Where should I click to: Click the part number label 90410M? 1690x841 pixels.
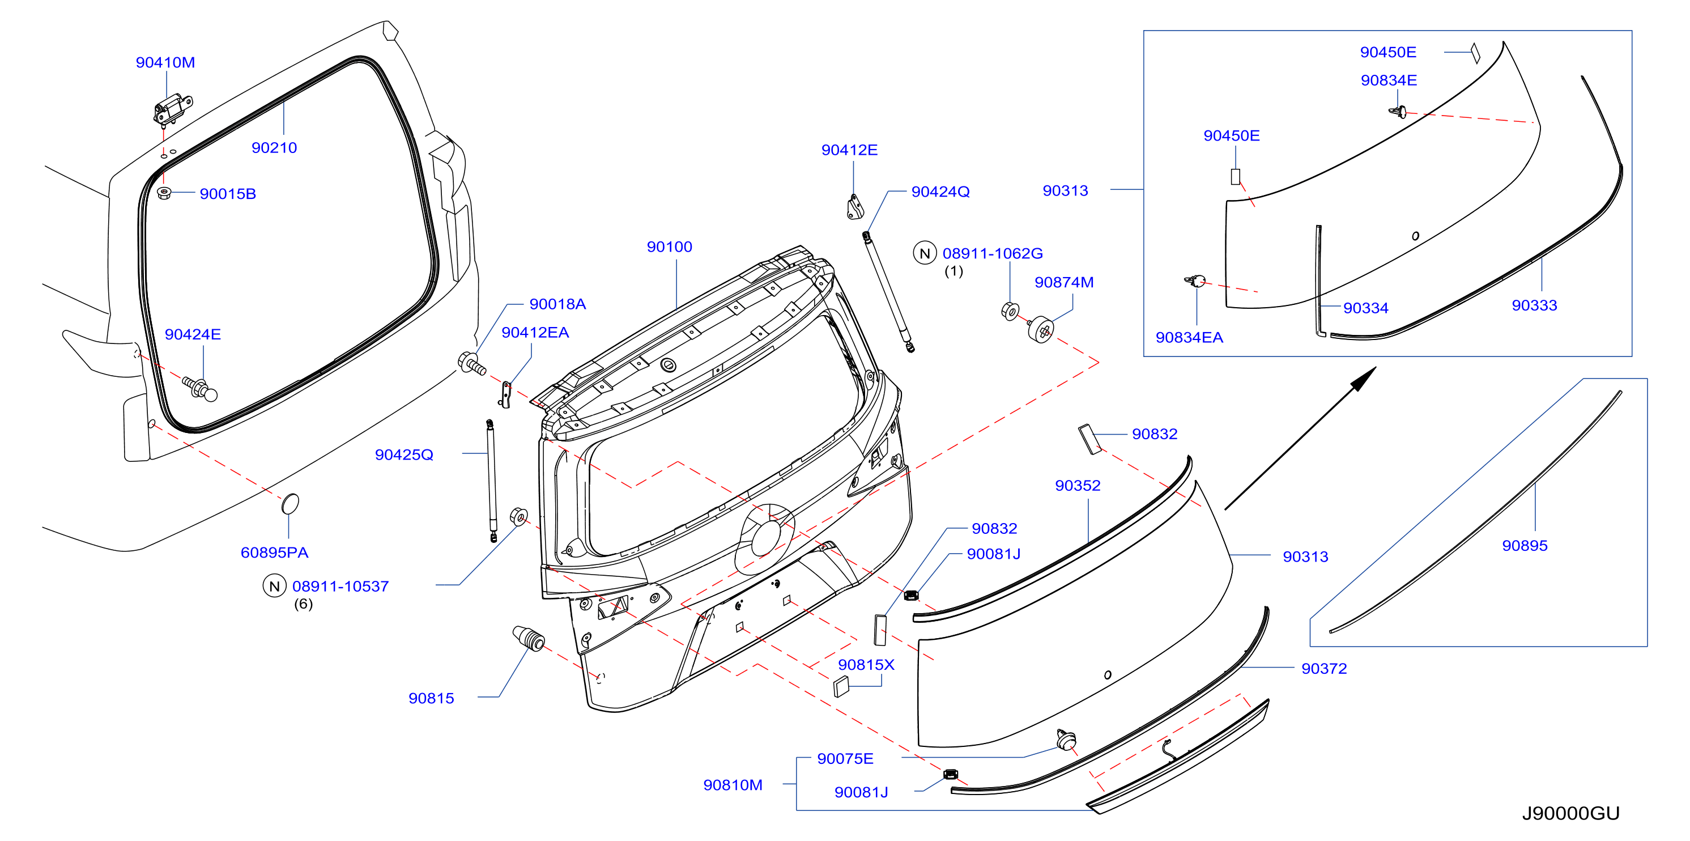click(165, 62)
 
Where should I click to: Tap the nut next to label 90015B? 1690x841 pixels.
click(164, 193)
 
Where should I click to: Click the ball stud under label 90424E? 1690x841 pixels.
click(200, 388)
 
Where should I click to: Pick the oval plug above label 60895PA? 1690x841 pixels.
click(290, 504)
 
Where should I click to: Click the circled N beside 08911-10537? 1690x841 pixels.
click(274, 586)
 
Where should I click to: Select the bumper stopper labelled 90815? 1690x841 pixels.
click(528, 638)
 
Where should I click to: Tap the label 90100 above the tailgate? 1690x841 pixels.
click(669, 247)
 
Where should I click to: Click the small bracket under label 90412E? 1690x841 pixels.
click(855, 207)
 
